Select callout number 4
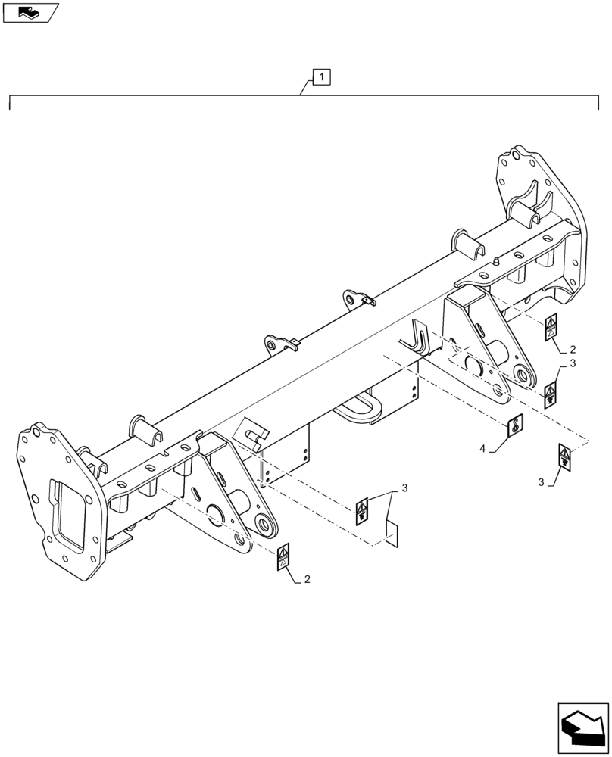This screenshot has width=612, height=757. [x=482, y=449]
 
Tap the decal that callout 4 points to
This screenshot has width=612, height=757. [x=514, y=426]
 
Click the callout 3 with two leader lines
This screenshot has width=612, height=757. [x=404, y=488]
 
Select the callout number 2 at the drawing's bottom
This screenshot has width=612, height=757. [x=307, y=579]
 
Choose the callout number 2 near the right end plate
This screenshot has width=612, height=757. [x=573, y=350]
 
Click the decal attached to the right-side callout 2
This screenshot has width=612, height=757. [x=551, y=326]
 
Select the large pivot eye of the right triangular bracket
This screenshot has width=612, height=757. [x=523, y=373]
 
